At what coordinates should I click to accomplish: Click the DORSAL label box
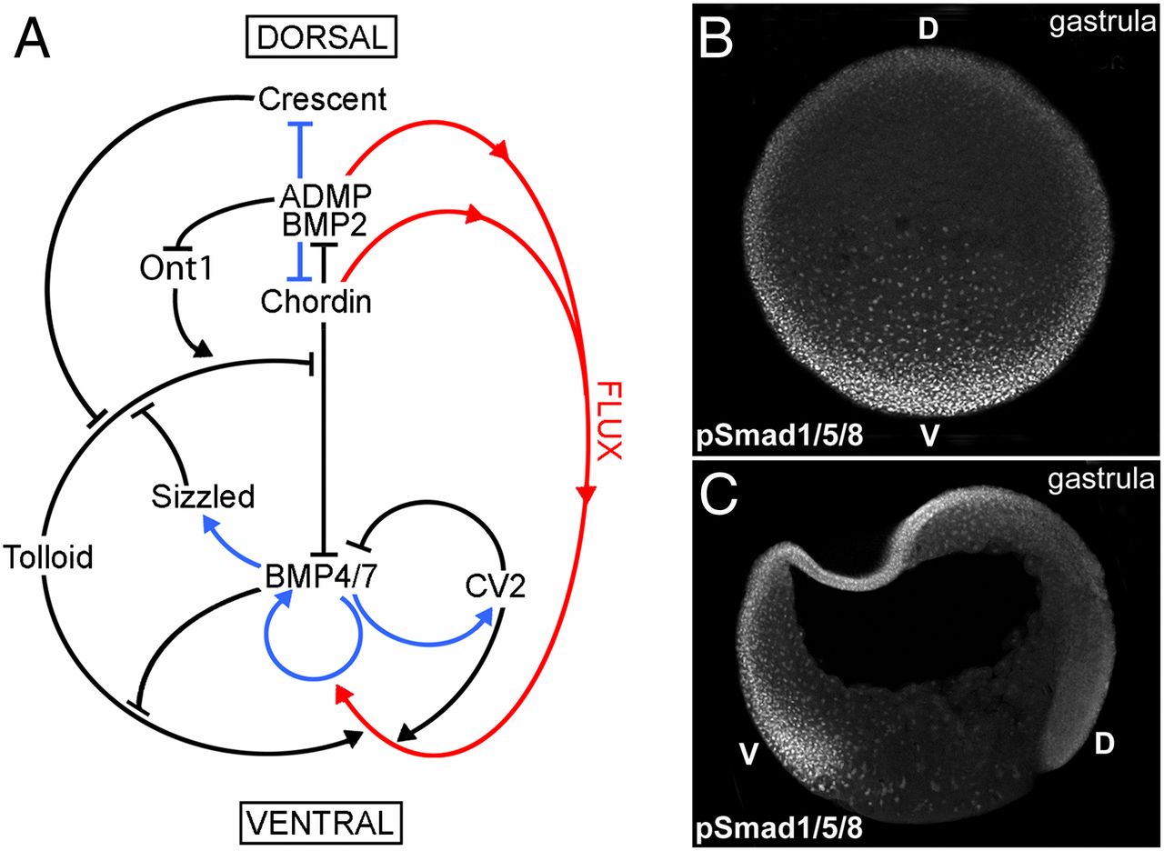click(310, 38)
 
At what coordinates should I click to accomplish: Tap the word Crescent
click(322, 99)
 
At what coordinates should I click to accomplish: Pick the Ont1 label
click(176, 268)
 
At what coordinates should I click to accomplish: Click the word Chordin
click(316, 301)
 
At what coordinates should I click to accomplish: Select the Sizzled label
click(204, 496)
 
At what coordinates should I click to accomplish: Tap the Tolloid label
click(48, 556)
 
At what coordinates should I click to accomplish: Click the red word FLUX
click(607, 420)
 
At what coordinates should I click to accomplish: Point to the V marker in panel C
click(747, 754)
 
